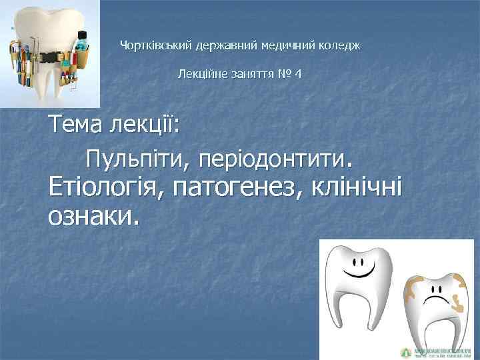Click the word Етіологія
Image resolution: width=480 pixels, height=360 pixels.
[105, 188]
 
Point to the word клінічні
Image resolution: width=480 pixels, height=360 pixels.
[364, 188]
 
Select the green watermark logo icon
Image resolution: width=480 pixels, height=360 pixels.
[405, 351]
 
